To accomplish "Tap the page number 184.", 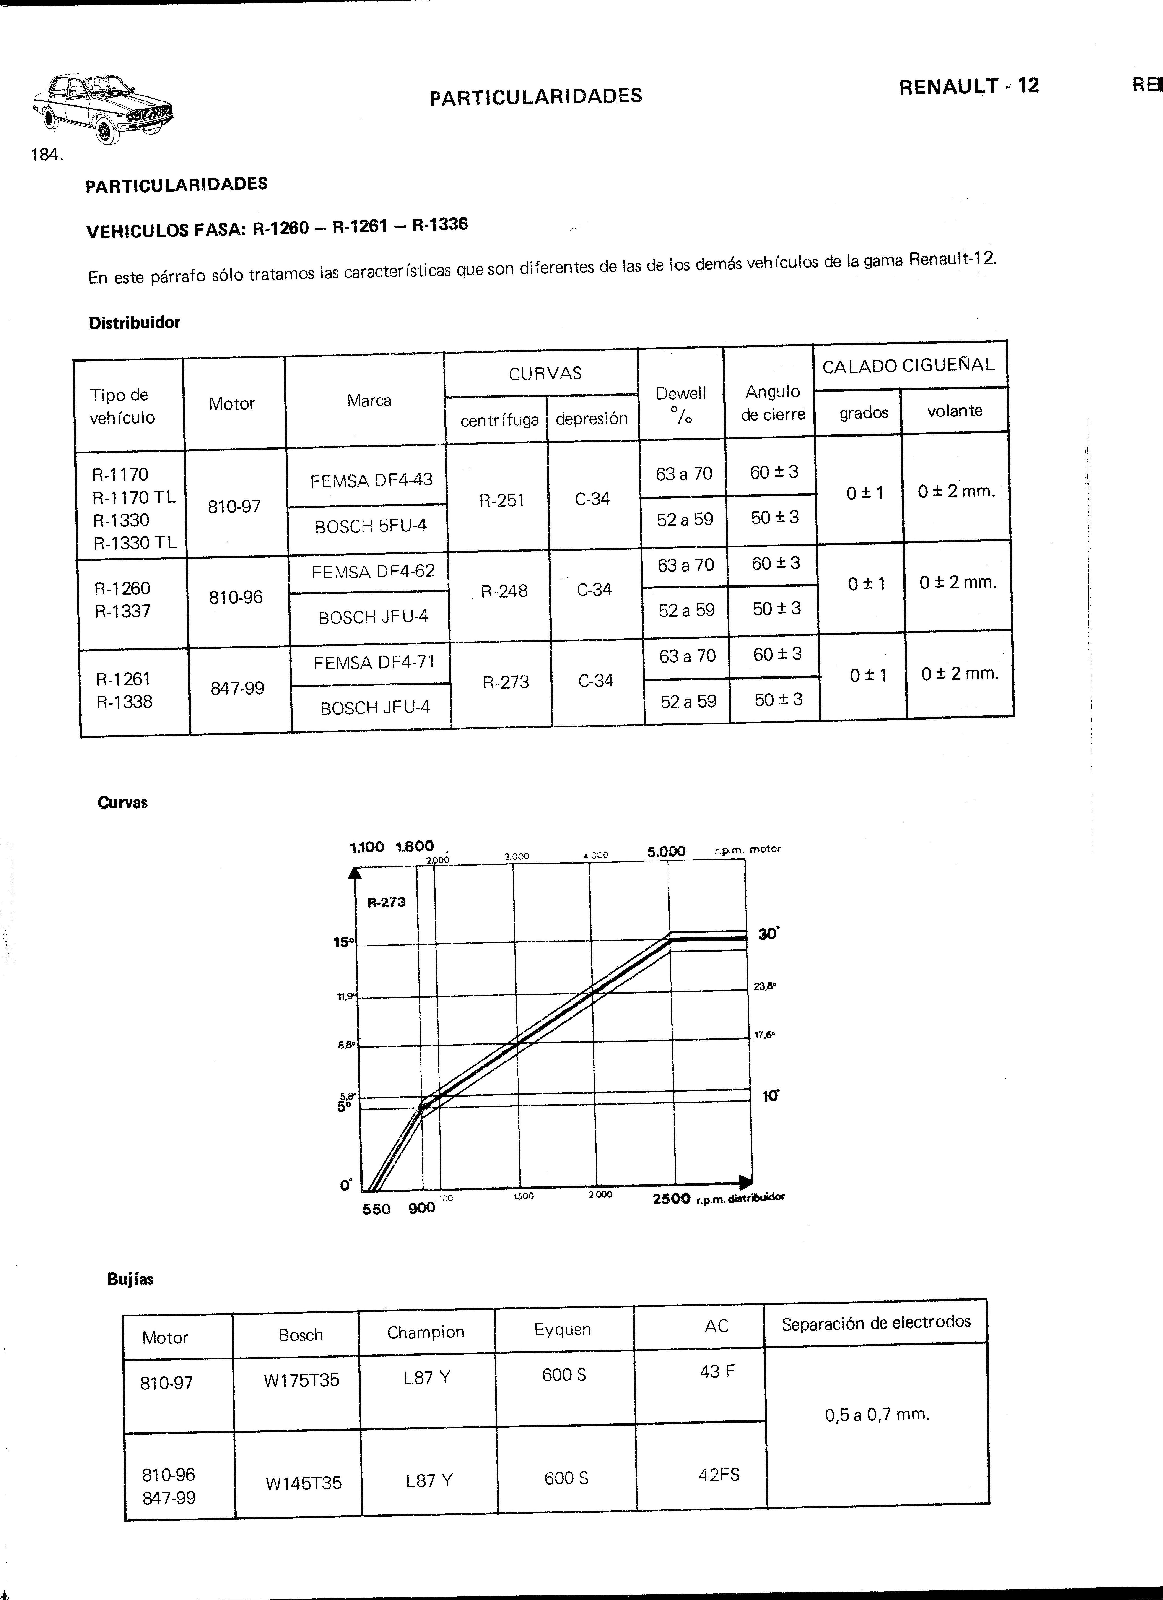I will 47,154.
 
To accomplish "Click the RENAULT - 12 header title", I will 968,86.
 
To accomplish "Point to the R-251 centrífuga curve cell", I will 501,500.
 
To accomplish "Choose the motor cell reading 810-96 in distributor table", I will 236,598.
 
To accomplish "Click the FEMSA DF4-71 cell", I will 374,662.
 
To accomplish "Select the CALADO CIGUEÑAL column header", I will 909,365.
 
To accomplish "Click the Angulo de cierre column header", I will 773,403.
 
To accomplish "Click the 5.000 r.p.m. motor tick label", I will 666,851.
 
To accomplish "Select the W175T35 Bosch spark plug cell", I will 301,1380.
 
